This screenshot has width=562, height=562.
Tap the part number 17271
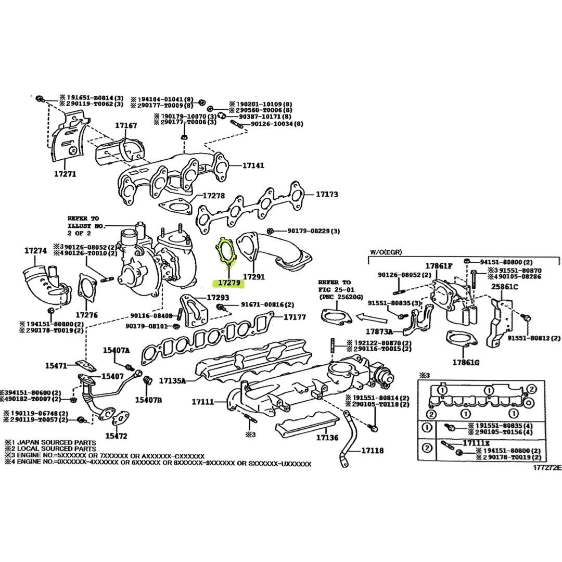pos(65,174)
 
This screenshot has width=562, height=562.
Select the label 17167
pos(126,126)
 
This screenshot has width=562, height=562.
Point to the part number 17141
pos(253,165)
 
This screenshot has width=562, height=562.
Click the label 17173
pos(327,194)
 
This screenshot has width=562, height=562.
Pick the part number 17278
pos(213,196)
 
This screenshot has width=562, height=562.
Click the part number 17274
pos(35,251)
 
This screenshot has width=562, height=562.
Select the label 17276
pos(87,315)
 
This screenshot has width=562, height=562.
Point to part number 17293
pos(218,298)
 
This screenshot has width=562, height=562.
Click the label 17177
pos(295,317)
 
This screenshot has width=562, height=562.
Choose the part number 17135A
pos(172,380)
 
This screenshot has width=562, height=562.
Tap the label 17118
pos(372,450)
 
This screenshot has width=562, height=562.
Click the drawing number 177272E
pos(546,467)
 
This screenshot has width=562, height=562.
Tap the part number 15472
pos(116,436)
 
